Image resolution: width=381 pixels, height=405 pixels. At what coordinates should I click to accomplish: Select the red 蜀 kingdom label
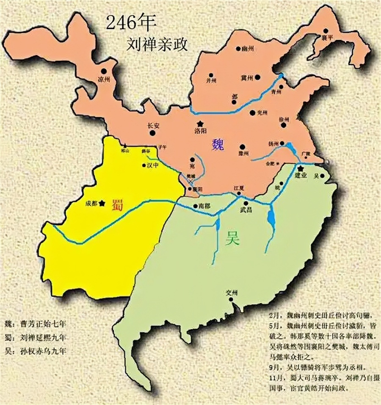click(117, 205)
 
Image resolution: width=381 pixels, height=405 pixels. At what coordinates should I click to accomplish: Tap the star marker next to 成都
click(102, 203)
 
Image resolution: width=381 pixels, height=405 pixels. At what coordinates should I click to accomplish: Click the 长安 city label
click(153, 126)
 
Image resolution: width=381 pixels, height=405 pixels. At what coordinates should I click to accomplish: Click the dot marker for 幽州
click(238, 49)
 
